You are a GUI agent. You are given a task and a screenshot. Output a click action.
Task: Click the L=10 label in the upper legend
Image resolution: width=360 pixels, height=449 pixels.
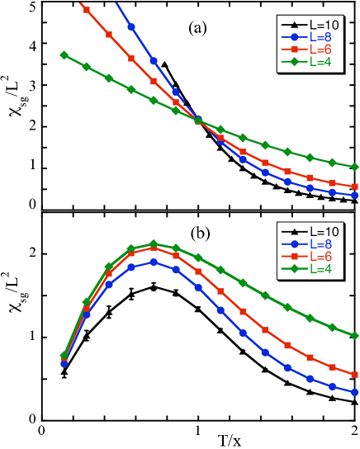324,25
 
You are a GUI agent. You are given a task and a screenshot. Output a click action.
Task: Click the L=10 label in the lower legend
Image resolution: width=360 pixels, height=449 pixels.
324,232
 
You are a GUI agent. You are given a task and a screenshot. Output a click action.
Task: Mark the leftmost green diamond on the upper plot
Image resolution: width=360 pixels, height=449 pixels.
64,54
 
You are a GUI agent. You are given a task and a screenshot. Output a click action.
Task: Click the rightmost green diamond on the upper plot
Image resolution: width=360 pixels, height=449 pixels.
355,168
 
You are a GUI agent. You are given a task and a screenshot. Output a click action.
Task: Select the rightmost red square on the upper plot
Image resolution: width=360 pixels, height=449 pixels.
355,187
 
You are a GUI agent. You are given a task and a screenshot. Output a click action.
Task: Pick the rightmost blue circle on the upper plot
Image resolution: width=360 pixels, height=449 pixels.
355,196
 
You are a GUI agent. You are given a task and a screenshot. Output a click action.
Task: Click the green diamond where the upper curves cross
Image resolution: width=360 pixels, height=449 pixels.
198,120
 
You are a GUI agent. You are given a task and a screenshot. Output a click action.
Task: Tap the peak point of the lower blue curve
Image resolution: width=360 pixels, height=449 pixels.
154,262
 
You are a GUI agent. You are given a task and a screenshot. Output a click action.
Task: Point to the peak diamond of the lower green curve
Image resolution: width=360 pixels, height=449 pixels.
154,244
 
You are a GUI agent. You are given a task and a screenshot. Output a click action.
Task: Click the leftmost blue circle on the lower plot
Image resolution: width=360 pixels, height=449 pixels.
64,363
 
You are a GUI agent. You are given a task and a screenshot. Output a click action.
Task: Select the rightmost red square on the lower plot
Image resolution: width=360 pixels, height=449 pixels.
355,374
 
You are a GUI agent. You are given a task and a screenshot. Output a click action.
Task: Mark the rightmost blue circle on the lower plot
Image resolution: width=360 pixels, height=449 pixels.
355,392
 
